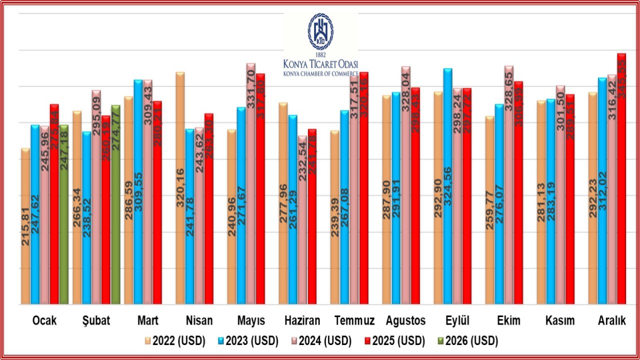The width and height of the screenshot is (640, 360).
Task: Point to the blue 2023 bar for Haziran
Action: click(293, 210)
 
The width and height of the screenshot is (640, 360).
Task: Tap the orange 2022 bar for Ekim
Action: click(490, 210)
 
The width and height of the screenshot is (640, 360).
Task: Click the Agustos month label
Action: click(405, 321)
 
